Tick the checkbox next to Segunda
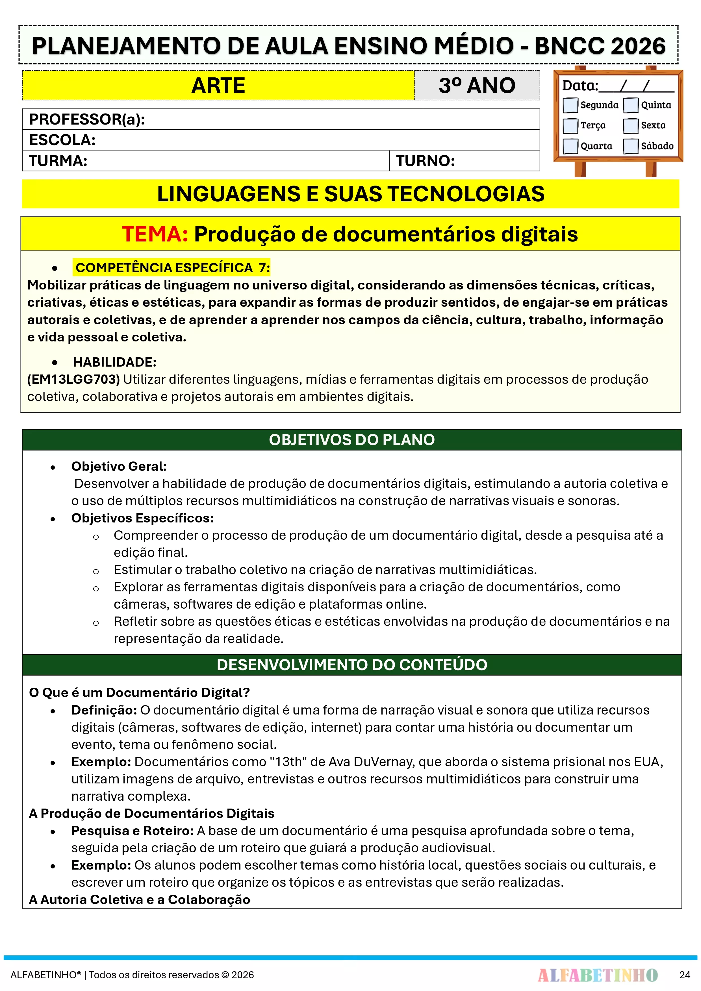pyautogui.click(x=570, y=105)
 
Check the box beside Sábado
pyautogui.click(x=631, y=146)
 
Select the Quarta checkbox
pyautogui.click(x=570, y=146)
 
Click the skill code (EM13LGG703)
pyautogui.click(x=73, y=379)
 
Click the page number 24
pyautogui.click(x=685, y=975)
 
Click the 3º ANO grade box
pyautogui.click(x=477, y=86)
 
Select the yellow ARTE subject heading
pyautogui.click(x=218, y=86)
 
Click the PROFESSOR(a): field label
pyautogui.click(x=87, y=119)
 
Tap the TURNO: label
pyautogui.click(x=426, y=161)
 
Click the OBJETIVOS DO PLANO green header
pyautogui.click(x=351, y=440)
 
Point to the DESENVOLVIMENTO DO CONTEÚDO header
pyautogui.click(x=351, y=665)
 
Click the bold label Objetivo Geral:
pyautogui.click(x=119, y=466)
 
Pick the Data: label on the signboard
pyautogui.click(x=580, y=86)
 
